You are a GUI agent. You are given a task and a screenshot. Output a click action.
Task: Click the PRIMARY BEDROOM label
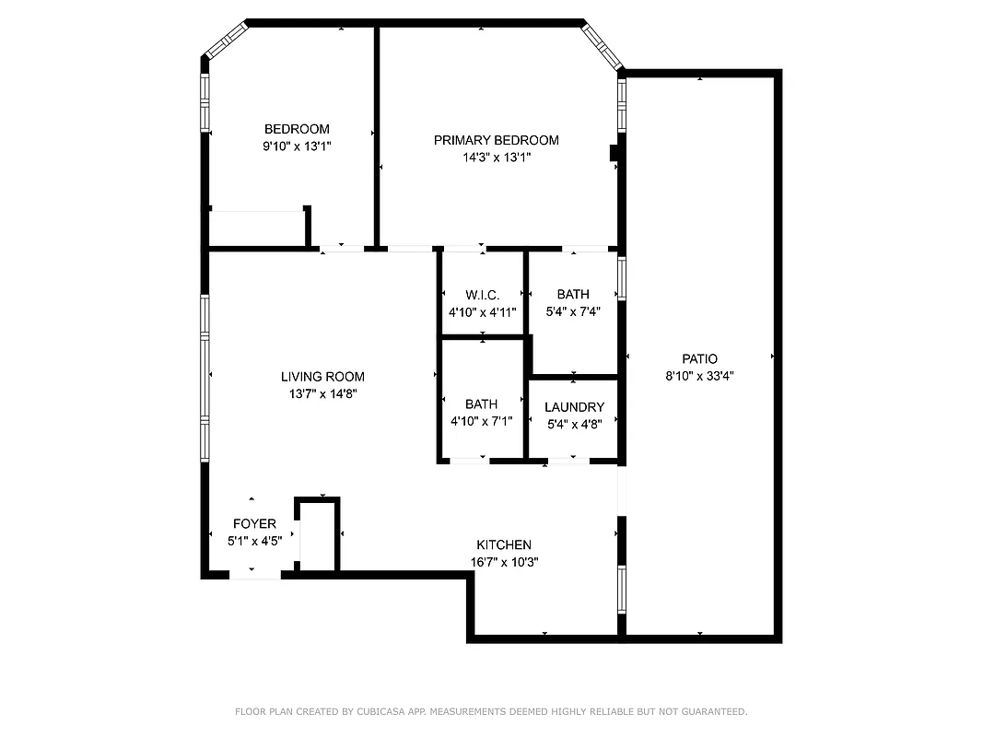(x=496, y=140)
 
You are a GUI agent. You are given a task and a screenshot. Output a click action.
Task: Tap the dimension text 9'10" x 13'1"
(x=297, y=146)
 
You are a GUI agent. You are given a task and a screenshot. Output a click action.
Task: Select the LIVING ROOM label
(x=322, y=376)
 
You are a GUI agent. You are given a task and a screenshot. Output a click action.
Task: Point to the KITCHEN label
(x=503, y=544)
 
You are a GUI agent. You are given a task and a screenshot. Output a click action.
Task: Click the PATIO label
(x=699, y=358)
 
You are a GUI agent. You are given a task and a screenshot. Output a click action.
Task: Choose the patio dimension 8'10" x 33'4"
(x=699, y=375)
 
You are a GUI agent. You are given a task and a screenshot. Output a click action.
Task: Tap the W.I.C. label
(x=482, y=295)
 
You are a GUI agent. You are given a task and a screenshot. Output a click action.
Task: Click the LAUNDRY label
(x=574, y=407)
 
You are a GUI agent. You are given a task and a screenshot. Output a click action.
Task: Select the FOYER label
(x=253, y=524)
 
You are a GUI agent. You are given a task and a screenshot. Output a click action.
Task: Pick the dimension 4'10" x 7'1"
(x=481, y=421)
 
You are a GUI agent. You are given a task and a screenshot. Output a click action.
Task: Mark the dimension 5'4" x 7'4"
(x=573, y=311)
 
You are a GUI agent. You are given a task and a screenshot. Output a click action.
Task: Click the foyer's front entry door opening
(x=254, y=574)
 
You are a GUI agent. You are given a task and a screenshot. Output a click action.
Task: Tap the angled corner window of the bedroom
(x=226, y=41)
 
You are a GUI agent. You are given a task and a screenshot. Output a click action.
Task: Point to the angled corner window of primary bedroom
(x=603, y=46)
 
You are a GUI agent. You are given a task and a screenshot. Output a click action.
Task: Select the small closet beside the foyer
(x=318, y=535)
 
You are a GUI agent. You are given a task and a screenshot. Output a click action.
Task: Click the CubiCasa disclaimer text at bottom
(x=491, y=711)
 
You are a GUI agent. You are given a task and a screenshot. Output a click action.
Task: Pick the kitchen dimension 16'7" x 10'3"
(x=504, y=562)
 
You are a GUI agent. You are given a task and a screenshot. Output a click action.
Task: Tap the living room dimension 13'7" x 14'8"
(x=322, y=393)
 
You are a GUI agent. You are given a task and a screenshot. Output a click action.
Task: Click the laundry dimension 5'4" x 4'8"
(x=574, y=425)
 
